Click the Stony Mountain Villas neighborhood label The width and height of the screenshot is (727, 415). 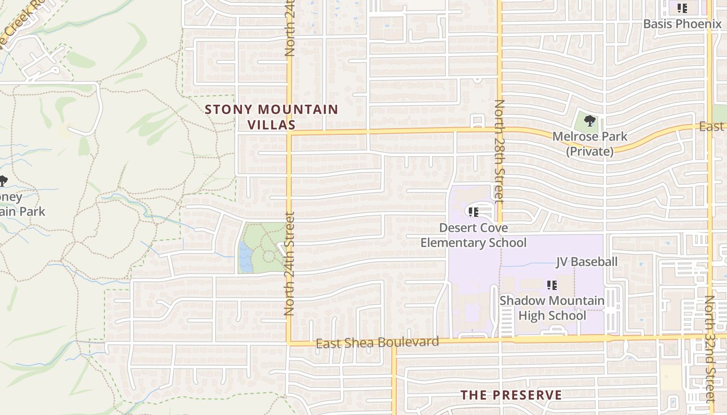[271, 117]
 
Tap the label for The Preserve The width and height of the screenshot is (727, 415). [511, 395]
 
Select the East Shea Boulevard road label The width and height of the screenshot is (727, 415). [378, 342]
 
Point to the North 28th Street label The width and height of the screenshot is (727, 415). [499, 150]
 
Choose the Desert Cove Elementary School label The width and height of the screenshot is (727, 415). [473, 235]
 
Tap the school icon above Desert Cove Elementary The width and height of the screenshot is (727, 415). [473, 212]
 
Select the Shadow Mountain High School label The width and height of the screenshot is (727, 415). [551, 308]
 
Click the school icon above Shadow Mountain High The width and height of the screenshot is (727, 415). [551, 285]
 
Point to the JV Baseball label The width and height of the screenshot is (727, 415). [587, 261]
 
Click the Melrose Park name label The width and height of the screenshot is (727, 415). [589, 137]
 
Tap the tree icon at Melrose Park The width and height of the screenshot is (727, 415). [589, 121]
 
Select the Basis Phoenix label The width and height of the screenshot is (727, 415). [682, 24]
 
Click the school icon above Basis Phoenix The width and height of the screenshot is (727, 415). [682, 8]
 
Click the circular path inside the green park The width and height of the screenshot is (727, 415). [269, 256]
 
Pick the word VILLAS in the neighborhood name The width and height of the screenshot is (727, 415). [271, 125]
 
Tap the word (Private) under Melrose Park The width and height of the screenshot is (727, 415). [589, 151]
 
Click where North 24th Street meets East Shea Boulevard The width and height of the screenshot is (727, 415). [289, 343]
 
